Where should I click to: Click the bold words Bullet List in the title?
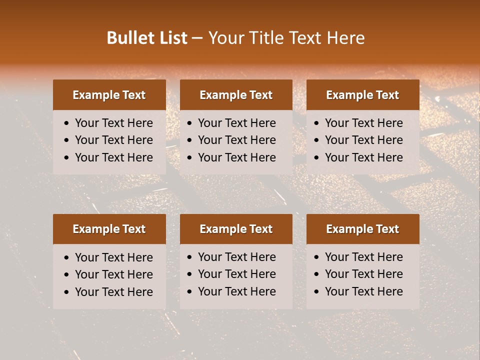(x=147, y=38)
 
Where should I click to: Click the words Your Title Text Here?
(x=286, y=38)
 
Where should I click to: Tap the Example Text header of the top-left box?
(x=109, y=95)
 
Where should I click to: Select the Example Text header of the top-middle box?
(x=236, y=95)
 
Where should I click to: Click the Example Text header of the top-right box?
(x=362, y=95)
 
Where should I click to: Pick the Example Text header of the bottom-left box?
(x=109, y=229)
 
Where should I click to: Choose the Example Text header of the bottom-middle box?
(x=236, y=229)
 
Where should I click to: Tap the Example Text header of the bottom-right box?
(x=362, y=229)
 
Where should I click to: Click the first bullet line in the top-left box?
(x=113, y=123)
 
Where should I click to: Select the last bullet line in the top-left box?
(x=113, y=157)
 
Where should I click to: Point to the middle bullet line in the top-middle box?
(x=236, y=140)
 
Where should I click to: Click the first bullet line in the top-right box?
(x=363, y=123)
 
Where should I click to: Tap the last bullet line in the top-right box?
(x=363, y=157)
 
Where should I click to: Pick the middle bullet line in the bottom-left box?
(x=113, y=274)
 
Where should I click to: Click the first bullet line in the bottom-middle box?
(x=236, y=257)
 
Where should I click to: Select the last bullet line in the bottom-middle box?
(x=236, y=291)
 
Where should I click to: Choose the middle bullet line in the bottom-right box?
(x=363, y=274)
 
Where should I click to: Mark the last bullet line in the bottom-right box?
(x=363, y=291)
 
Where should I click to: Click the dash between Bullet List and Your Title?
(x=197, y=38)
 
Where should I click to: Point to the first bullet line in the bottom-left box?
(x=113, y=257)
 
